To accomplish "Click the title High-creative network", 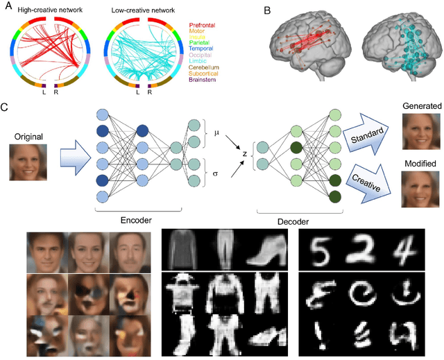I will (x=51, y=11).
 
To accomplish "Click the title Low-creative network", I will (x=144, y=11).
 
